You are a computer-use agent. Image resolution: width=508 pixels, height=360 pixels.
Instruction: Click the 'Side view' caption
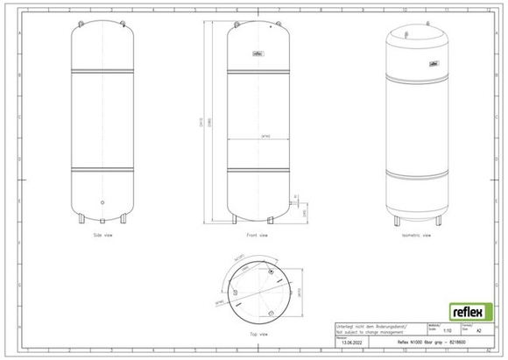104,236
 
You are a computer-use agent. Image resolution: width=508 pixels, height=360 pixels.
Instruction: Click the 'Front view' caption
256,236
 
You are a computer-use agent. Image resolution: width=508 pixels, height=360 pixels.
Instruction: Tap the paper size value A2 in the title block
477,330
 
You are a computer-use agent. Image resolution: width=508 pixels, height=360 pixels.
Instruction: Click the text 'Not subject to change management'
368,331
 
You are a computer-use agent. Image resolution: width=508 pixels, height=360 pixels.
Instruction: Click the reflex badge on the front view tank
258,52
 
